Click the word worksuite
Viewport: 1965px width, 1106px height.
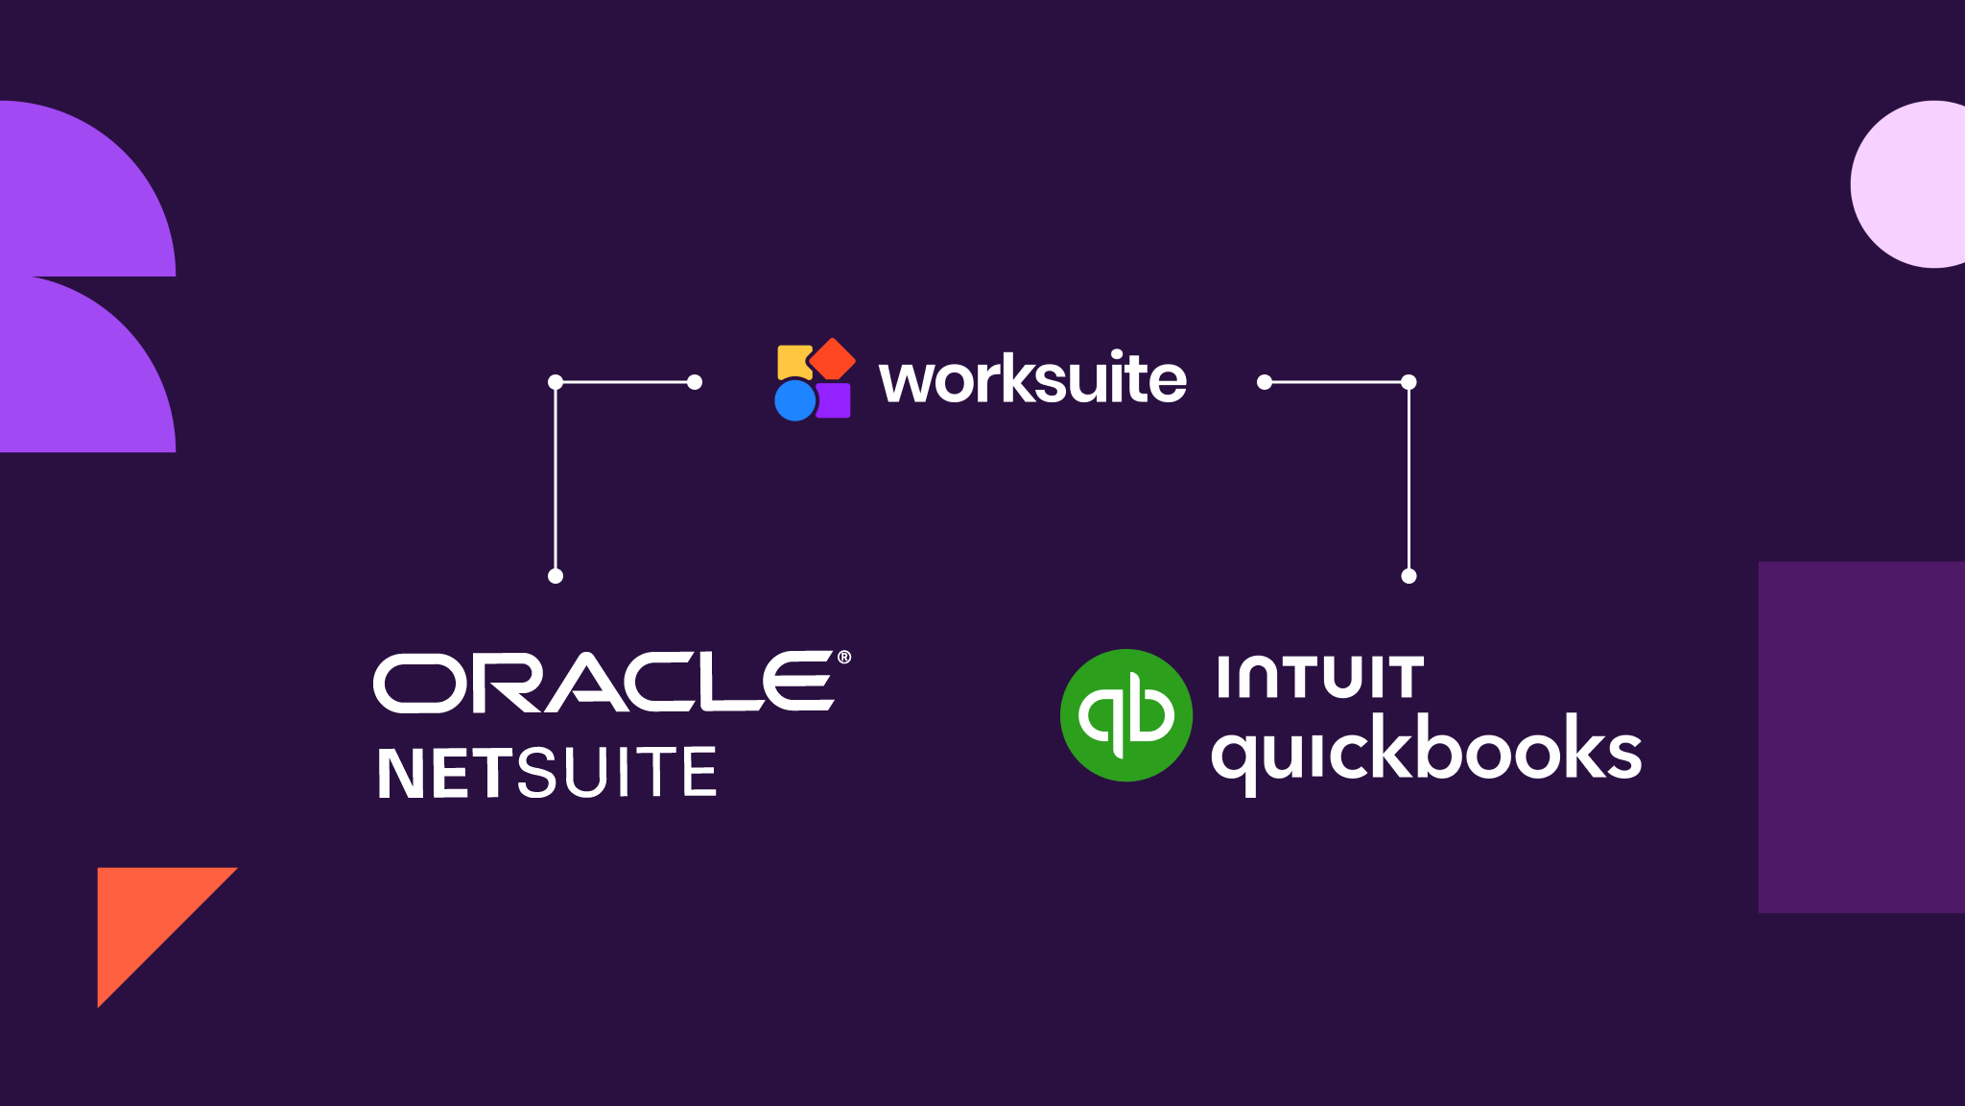point(1032,380)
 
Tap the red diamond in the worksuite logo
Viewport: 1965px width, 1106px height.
point(832,358)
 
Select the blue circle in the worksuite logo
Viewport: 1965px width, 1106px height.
point(794,400)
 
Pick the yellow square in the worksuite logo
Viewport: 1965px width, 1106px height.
point(793,361)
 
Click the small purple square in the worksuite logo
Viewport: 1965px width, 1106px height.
point(834,400)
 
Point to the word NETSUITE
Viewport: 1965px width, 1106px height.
point(547,773)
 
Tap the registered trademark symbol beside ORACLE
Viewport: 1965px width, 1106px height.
point(844,658)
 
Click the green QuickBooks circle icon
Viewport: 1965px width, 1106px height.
point(1126,715)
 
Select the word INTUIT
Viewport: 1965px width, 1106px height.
point(1320,678)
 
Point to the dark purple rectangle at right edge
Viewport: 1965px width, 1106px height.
point(1861,737)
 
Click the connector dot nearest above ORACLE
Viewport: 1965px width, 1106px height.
point(556,576)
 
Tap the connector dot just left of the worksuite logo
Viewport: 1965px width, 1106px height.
point(695,382)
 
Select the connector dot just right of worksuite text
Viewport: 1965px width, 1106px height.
point(1265,382)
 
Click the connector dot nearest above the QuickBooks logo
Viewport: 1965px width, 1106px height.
point(1409,576)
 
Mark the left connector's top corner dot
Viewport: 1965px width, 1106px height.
point(556,382)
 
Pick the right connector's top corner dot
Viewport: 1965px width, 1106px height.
point(1409,382)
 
